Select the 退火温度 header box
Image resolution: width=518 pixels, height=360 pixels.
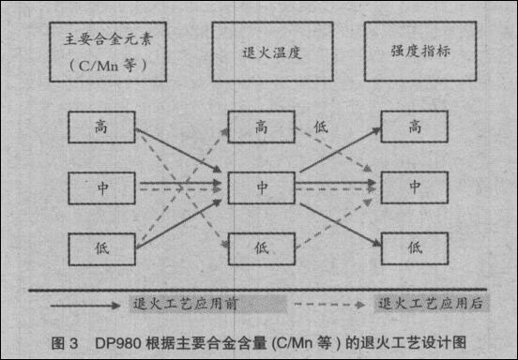click(261, 53)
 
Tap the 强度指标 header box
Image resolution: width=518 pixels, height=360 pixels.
click(419, 53)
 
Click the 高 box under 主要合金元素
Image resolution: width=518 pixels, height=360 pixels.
click(101, 127)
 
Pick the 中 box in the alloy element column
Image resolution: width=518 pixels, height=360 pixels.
click(101, 187)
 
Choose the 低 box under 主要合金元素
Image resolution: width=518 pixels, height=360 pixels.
click(101, 248)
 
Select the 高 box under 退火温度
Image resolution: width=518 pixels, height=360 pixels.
click(261, 127)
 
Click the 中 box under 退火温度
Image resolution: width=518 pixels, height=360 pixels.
click(261, 187)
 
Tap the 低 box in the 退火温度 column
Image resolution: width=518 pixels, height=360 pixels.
click(261, 248)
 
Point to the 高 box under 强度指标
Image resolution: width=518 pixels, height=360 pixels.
click(413, 127)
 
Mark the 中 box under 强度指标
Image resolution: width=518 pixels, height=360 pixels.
click(413, 187)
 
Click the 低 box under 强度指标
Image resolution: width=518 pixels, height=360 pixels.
click(413, 248)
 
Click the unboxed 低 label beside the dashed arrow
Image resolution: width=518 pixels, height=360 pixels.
click(322, 127)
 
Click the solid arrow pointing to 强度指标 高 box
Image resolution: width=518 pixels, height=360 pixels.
click(340, 150)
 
